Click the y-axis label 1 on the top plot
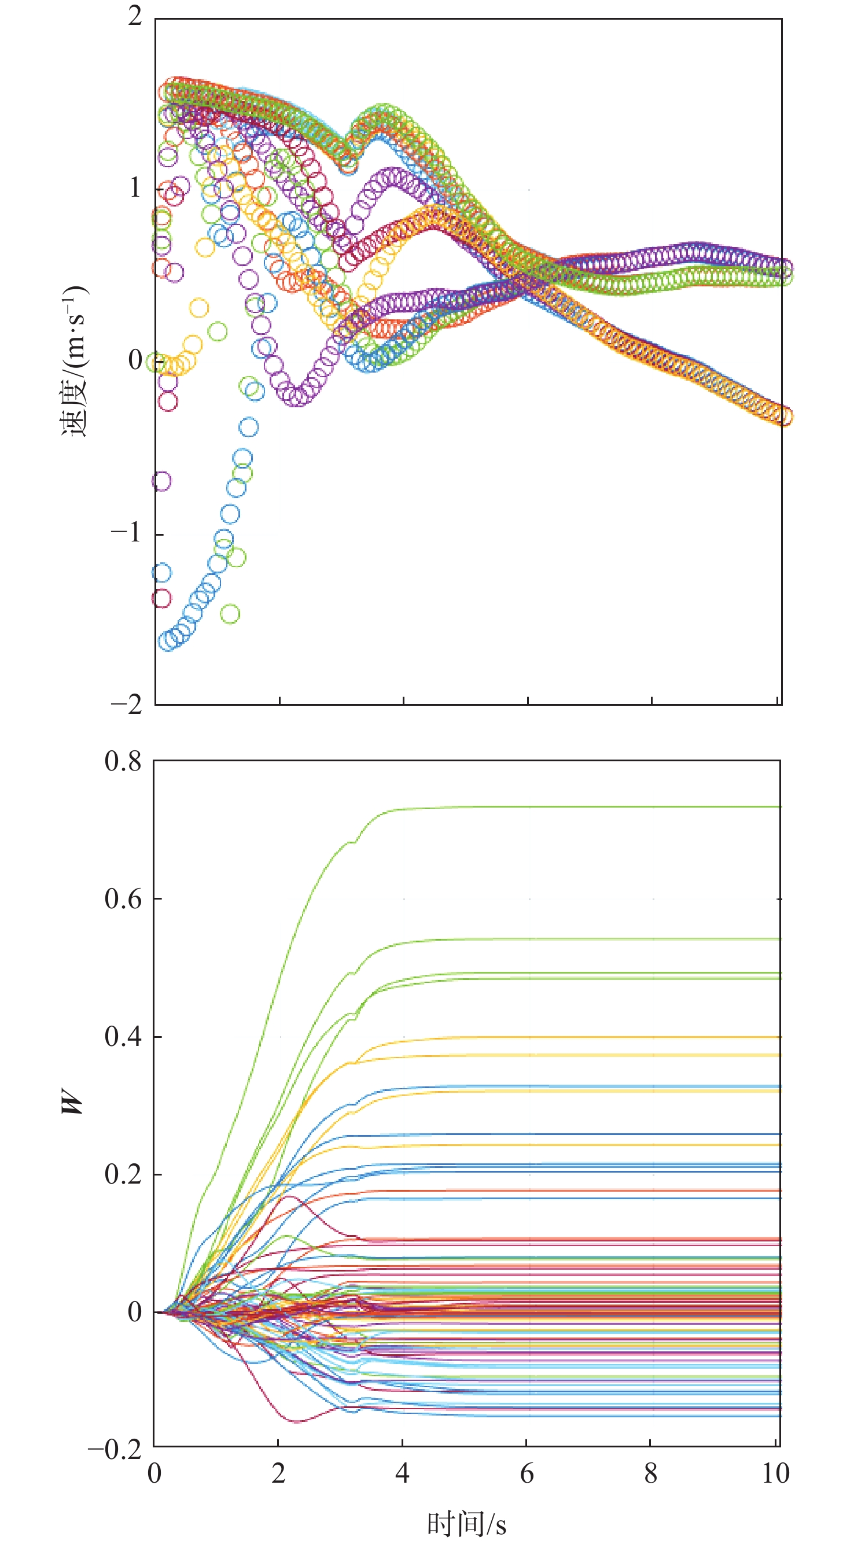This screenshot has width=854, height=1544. coord(135,188)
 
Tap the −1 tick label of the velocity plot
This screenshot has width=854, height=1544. coord(126,532)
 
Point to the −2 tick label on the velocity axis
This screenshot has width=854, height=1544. coord(126,703)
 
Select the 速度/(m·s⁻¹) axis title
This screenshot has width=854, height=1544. coord(74,361)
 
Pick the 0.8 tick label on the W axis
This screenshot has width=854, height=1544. coord(123,761)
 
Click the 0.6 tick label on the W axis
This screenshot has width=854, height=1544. coord(123,899)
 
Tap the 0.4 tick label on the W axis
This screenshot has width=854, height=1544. coord(123,1036)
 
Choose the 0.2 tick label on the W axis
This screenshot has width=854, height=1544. coord(123,1174)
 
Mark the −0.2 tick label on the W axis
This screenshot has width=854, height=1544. coord(115,1450)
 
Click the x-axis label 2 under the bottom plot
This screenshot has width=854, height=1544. coord(278,1473)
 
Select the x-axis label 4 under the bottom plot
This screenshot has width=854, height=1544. coord(402,1473)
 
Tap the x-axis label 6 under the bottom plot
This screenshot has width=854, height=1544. coord(527,1473)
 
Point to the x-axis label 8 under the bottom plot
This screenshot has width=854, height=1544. coord(651,1473)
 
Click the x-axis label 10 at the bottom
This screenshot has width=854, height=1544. coord(775,1473)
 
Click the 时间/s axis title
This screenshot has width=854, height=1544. coord(466,1519)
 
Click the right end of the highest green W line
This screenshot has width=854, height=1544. coord(779,807)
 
